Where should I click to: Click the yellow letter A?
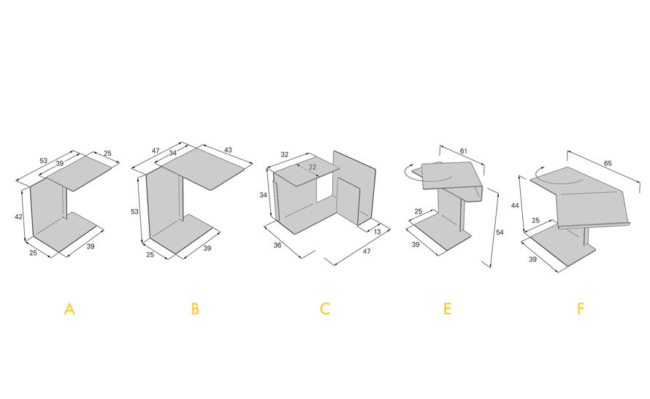pyautogui.click(x=69, y=309)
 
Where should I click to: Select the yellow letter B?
pyautogui.click(x=195, y=309)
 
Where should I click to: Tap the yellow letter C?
pyautogui.click(x=324, y=309)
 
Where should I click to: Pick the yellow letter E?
pyautogui.click(x=447, y=309)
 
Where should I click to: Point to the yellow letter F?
pyautogui.click(x=581, y=309)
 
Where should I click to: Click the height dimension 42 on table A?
pyautogui.click(x=18, y=216)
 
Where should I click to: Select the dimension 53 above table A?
pyautogui.click(x=44, y=161)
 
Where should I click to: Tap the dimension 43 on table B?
pyautogui.click(x=228, y=150)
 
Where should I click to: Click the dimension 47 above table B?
pyautogui.click(x=156, y=151)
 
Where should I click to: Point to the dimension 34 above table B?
pyautogui.click(x=173, y=153)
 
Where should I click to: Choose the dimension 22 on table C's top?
pyautogui.click(x=312, y=167)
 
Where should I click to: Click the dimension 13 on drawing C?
pyautogui.click(x=377, y=232)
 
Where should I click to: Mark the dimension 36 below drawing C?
pyautogui.click(x=278, y=245)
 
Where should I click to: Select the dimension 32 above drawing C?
pyautogui.click(x=284, y=155)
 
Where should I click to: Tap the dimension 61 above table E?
pyautogui.click(x=464, y=151)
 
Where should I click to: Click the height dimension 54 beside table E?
pyautogui.click(x=500, y=232)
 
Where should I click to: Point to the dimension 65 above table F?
pyautogui.click(x=608, y=164)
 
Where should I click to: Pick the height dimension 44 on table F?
pyautogui.click(x=515, y=205)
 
